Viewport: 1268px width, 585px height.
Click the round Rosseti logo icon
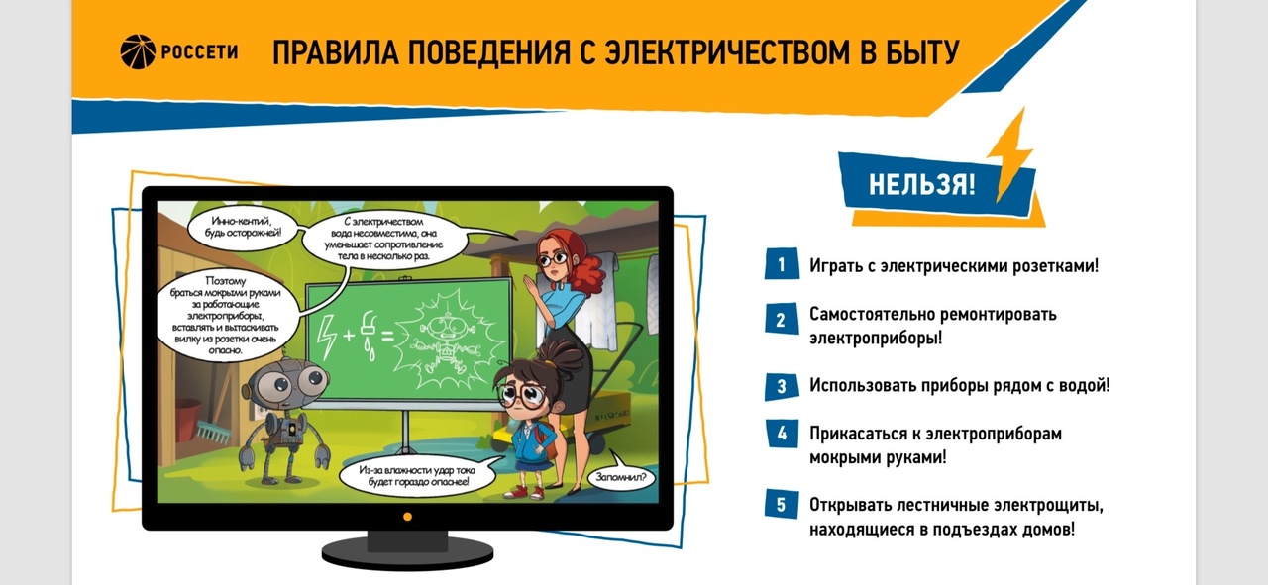pyautogui.click(x=138, y=51)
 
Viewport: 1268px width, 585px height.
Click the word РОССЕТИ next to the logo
pyautogui.click(x=200, y=52)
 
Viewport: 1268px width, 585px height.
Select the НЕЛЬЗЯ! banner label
pyautogui.click(x=922, y=184)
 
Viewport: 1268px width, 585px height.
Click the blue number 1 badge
pyautogui.click(x=782, y=263)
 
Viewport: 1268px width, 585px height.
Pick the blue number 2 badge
pyautogui.click(x=782, y=319)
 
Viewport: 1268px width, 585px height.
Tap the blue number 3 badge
pyautogui.click(x=782, y=386)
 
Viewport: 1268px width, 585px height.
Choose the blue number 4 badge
pyautogui.click(x=782, y=434)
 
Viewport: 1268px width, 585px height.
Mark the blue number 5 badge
pyautogui.click(x=782, y=504)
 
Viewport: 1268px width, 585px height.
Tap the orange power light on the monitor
pyautogui.click(x=407, y=517)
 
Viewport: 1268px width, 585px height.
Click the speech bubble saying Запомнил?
pyautogui.click(x=621, y=477)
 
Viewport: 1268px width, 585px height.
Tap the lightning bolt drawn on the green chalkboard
pyautogui.click(x=327, y=338)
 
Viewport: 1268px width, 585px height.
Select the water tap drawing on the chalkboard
pyautogui.click(x=369, y=335)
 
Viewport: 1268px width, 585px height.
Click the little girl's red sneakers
pyautogui.click(x=525, y=492)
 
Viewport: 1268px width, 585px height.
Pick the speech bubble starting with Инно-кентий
pyautogui.click(x=244, y=227)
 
